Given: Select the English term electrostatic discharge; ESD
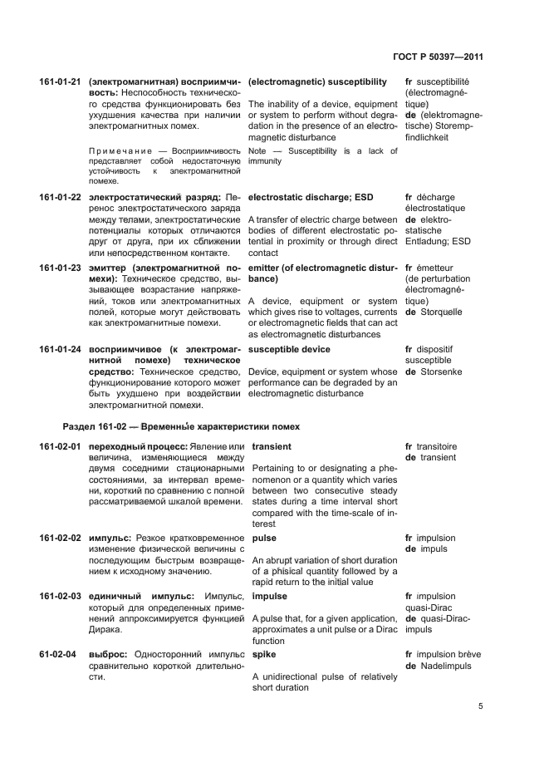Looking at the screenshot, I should pyautogui.click(x=311, y=197).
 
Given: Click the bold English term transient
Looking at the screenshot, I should pyautogui.click(x=271, y=447).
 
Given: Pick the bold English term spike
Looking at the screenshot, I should pyautogui.click(x=263, y=655).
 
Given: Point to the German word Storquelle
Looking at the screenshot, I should pyautogui.click(x=441, y=312).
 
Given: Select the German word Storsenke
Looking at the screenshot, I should pyautogui.click(x=441, y=373).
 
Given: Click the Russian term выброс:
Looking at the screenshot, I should pyautogui.click(x=108, y=655).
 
